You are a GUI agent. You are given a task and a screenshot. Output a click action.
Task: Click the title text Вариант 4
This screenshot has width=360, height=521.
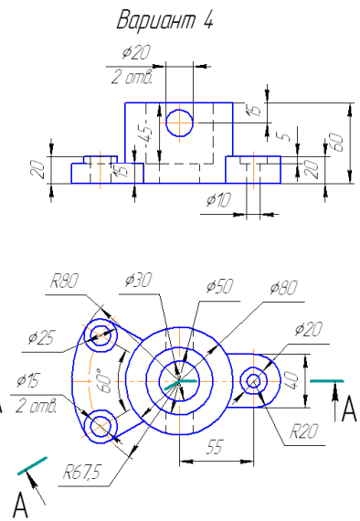165,20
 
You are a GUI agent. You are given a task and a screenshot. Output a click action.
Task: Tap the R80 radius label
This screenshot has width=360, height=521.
65,281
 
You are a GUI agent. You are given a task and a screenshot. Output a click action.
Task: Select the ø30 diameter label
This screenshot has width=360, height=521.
138,280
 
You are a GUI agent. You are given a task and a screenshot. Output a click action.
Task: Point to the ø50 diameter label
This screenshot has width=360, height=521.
219,286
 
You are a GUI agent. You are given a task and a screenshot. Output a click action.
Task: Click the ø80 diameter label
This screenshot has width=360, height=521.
283,288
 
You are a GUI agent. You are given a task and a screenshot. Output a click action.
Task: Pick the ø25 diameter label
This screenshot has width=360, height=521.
41,338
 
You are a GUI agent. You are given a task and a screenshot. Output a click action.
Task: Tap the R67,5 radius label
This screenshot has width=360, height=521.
81,472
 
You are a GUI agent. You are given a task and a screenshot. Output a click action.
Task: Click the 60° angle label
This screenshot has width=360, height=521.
106,380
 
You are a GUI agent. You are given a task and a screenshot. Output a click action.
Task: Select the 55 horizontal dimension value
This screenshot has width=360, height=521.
214,447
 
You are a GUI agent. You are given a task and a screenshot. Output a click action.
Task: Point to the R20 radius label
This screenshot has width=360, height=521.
303,431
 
